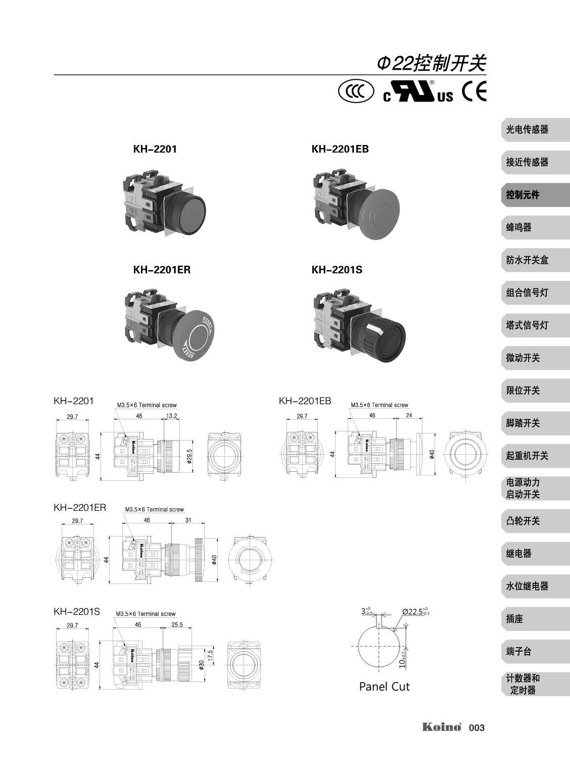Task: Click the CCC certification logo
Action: (356, 91)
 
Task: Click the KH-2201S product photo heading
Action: (337, 270)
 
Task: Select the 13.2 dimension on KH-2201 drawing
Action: (171, 416)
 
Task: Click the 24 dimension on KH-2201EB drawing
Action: (409, 416)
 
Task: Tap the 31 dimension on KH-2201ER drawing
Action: (188, 520)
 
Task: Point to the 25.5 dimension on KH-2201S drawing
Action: (177, 625)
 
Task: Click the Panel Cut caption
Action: (384, 687)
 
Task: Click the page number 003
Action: (477, 728)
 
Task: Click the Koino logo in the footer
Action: (442, 727)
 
